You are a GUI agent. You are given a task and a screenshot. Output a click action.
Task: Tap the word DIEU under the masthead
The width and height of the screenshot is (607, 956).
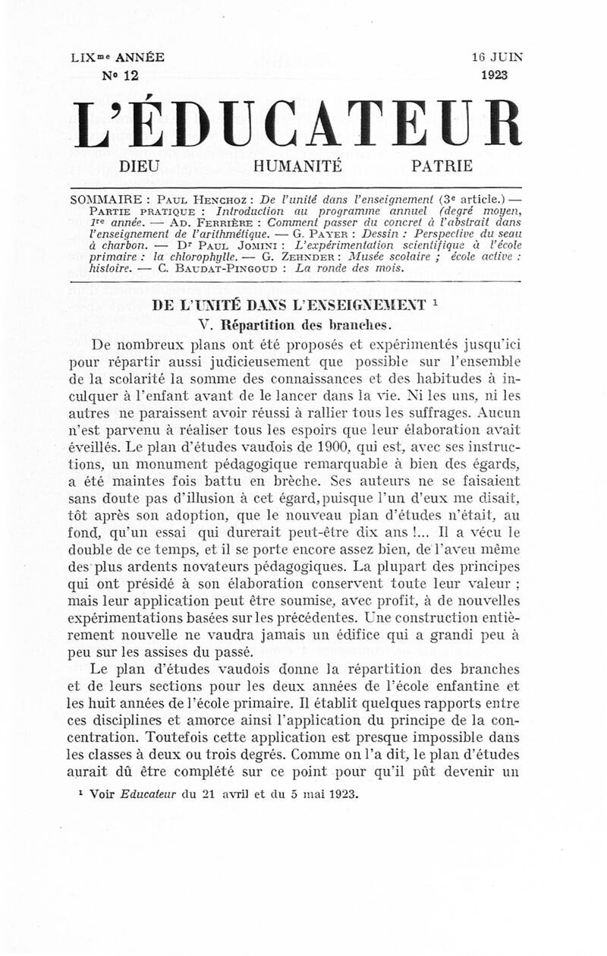click(x=141, y=166)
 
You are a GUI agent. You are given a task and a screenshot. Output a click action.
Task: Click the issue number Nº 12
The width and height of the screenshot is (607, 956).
click(x=120, y=74)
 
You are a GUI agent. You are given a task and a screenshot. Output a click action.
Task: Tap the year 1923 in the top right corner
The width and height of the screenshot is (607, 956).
click(x=494, y=74)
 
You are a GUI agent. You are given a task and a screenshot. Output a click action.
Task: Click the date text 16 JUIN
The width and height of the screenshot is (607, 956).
click(x=497, y=57)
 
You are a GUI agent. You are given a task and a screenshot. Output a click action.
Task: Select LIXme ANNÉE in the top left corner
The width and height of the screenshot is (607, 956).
click(x=117, y=57)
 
